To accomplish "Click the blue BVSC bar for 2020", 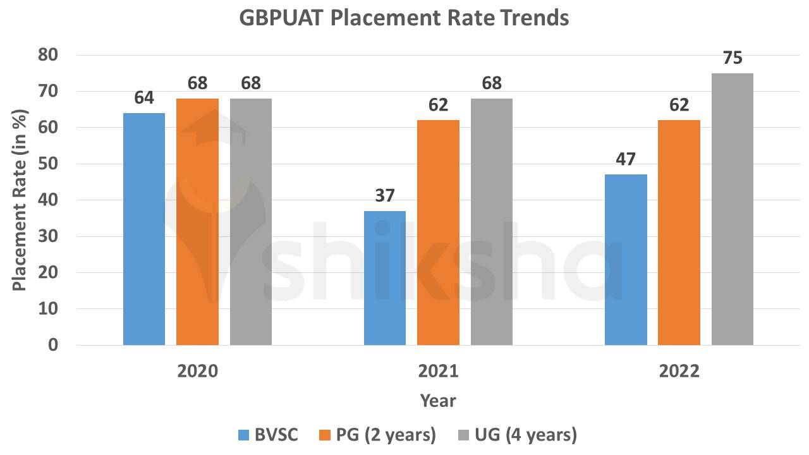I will tap(144, 229).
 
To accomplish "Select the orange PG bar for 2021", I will tap(438, 233).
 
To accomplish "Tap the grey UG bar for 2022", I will tap(733, 209).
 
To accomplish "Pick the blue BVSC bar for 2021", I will tap(385, 278).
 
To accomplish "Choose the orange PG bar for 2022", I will tap(679, 233).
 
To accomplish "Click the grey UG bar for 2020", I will tap(251, 222).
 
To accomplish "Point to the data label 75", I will tap(733, 58).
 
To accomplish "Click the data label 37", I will tap(385, 196).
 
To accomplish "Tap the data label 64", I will tap(144, 98).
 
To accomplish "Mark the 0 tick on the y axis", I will tap(52, 346).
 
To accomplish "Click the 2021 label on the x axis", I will tap(438, 371).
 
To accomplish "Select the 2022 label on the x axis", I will tap(679, 371).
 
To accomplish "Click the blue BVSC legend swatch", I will tap(244, 435).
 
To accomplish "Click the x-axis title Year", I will tap(437, 401).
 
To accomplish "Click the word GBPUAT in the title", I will tap(282, 18).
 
